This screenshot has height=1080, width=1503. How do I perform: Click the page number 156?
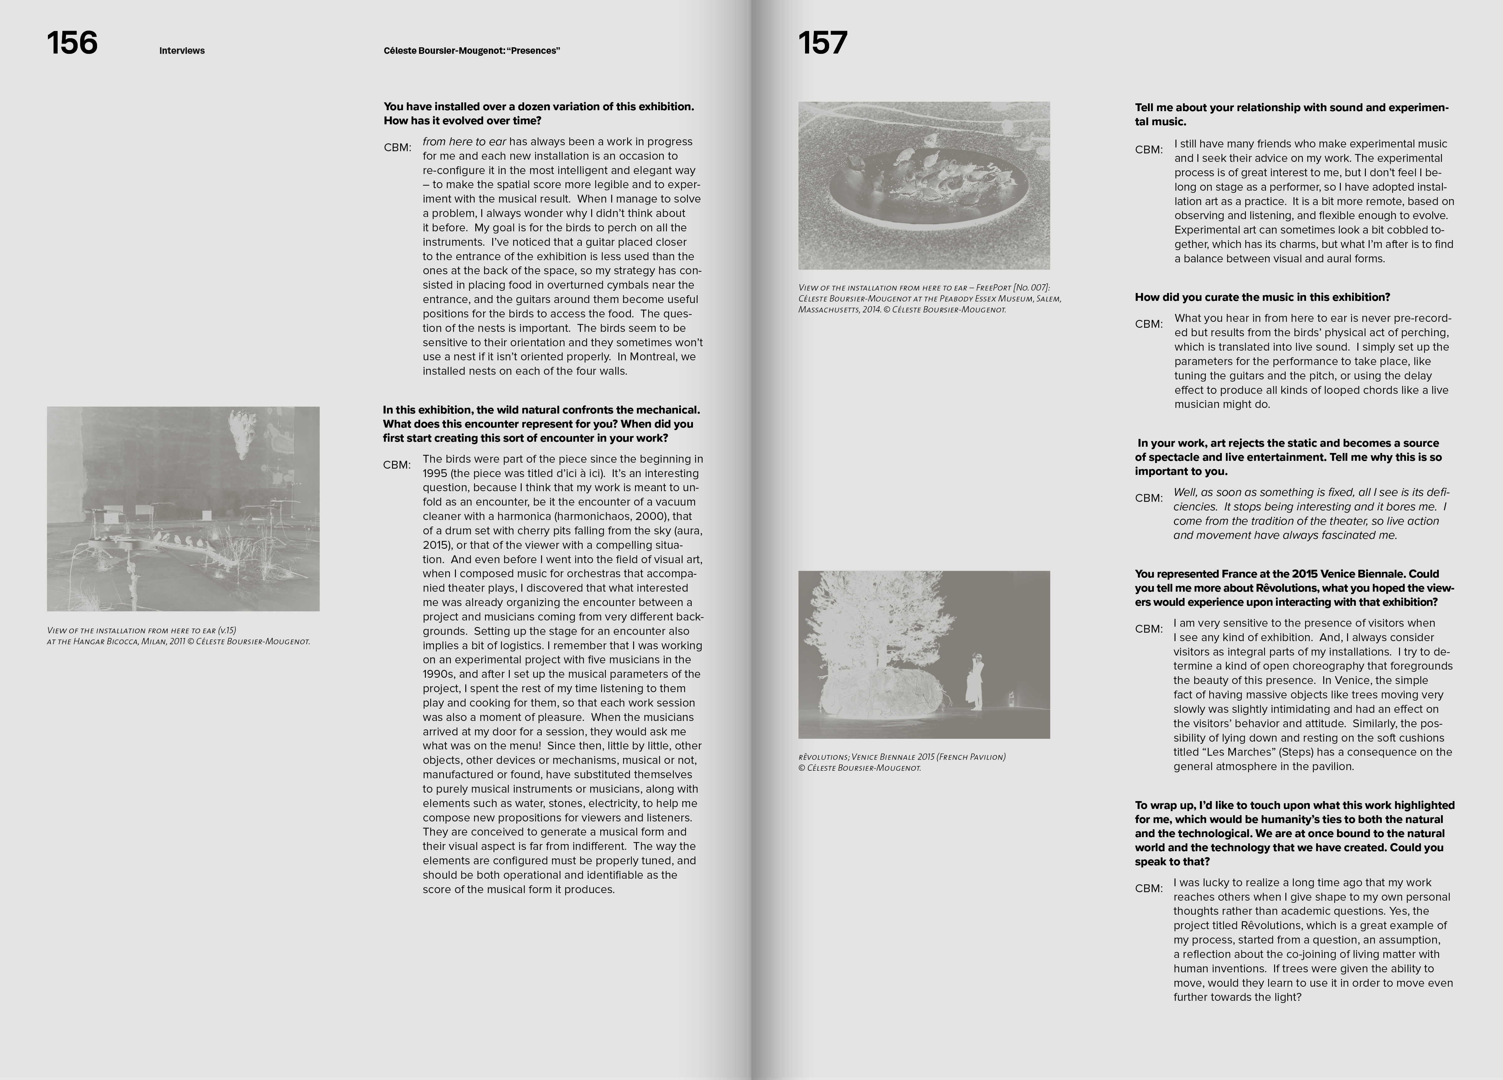(x=72, y=44)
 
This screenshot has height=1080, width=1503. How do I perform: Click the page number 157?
(x=822, y=44)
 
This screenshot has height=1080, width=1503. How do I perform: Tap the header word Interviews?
(x=182, y=51)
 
